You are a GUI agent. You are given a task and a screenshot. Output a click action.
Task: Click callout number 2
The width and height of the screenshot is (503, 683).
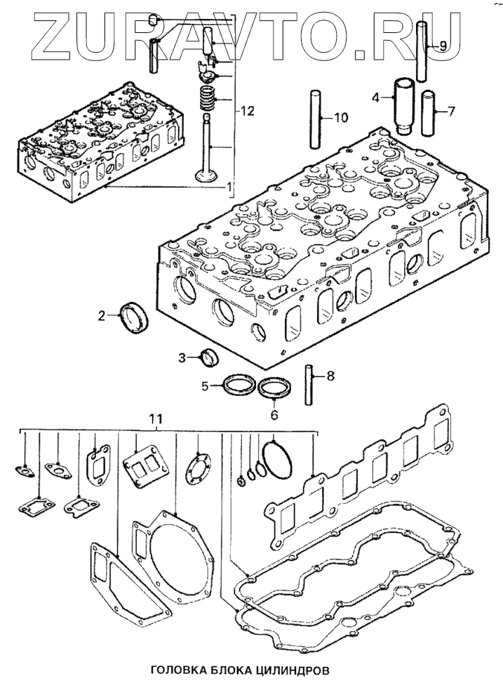coord(102,315)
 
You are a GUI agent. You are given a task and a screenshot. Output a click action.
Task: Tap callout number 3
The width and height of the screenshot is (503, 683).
coord(181,358)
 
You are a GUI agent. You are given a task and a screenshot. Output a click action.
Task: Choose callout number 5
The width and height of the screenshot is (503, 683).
coord(205,385)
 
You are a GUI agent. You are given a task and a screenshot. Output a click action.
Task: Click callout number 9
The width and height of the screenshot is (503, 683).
coord(442,46)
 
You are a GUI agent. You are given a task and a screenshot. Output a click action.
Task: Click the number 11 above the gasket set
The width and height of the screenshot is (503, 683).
coord(156,418)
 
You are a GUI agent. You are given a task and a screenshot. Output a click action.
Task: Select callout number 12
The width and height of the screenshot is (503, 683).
coord(245,111)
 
